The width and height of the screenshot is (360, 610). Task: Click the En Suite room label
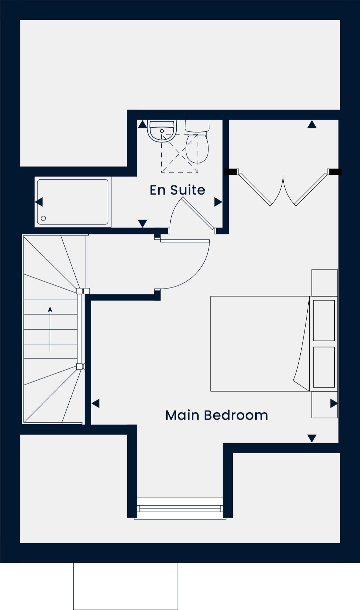[x=177, y=190]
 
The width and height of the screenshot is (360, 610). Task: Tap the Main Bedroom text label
[x=217, y=415]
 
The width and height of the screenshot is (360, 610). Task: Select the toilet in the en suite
[x=197, y=142]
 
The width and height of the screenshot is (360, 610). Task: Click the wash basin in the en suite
[x=162, y=131]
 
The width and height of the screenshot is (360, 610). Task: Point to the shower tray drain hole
[x=43, y=218]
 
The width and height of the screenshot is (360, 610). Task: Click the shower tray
[x=73, y=202]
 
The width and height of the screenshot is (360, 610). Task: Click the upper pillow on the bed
[x=324, y=321]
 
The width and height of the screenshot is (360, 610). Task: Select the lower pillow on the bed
[x=324, y=367]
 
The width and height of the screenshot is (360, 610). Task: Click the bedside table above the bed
[x=325, y=283]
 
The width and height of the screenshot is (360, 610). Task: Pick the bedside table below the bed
[x=325, y=405]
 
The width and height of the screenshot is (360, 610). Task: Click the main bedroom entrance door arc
[x=196, y=274]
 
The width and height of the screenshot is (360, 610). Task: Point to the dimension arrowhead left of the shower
[x=39, y=202]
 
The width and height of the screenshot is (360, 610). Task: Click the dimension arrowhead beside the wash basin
[x=142, y=124]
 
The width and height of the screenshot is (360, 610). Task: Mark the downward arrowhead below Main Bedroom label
[x=312, y=438]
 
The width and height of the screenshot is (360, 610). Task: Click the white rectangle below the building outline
[x=126, y=586]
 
